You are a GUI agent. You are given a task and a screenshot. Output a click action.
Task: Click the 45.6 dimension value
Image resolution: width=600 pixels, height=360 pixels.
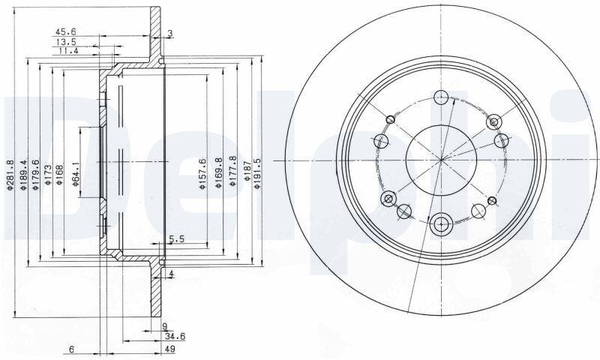click(64, 31)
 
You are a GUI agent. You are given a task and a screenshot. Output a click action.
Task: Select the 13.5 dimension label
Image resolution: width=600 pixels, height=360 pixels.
click(64, 42)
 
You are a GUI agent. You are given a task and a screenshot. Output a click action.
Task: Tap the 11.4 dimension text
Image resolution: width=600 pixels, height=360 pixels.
click(68, 51)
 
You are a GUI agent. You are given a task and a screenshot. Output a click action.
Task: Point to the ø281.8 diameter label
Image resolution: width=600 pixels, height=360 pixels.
click(10, 175)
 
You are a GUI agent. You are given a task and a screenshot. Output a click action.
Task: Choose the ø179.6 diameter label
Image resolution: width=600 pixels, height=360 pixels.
click(35, 175)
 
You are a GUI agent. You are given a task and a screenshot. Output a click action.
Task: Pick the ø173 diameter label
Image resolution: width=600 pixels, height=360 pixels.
click(48, 175)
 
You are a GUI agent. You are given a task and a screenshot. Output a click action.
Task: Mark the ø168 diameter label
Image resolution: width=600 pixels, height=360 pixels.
click(59, 175)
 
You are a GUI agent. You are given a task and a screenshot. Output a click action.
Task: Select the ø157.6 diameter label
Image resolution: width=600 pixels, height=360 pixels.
click(202, 173)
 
